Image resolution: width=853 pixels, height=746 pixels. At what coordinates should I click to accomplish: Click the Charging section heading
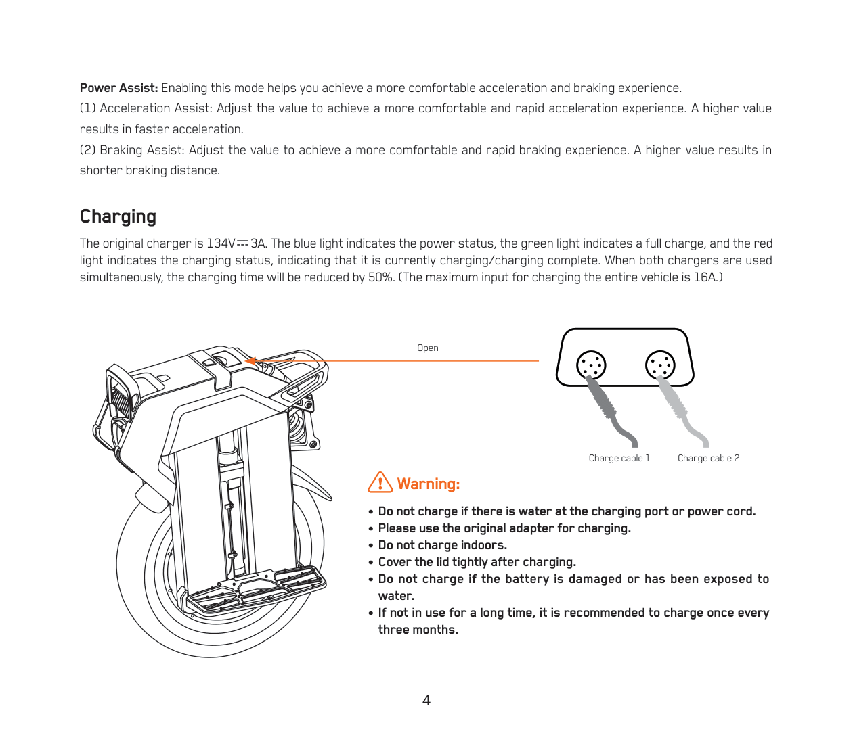click(118, 216)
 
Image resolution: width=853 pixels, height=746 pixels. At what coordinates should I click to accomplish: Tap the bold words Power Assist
click(118, 88)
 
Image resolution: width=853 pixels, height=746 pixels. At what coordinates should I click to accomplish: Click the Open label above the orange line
click(427, 348)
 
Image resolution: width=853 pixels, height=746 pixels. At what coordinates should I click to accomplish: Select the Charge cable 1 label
click(619, 458)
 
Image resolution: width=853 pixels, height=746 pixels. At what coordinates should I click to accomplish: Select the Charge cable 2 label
click(708, 458)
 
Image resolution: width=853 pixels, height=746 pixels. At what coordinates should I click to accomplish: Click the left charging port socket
click(591, 365)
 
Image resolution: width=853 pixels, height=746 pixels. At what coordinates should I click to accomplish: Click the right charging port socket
click(660, 365)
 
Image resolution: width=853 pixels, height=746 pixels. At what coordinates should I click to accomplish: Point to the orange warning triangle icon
click(380, 482)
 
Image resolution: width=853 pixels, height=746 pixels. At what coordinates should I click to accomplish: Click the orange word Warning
click(428, 484)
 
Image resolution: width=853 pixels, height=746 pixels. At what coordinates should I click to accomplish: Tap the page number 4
click(426, 700)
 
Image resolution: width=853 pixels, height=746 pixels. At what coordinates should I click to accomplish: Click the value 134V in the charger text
click(221, 243)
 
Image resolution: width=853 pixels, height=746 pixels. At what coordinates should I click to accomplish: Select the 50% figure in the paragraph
click(380, 277)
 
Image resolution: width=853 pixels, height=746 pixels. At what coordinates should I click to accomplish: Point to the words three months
click(418, 630)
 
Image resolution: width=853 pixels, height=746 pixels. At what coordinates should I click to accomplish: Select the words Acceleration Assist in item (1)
click(156, 108)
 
